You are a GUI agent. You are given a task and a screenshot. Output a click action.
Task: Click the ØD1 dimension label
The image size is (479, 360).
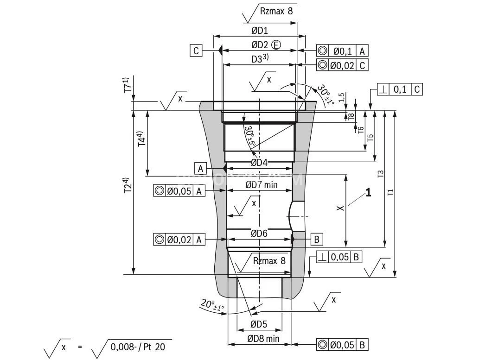click(260, 31)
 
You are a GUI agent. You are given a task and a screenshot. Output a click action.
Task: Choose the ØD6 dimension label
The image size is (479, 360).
click(259, 234)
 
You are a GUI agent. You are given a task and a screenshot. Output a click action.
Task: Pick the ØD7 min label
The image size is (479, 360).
click(261, 185)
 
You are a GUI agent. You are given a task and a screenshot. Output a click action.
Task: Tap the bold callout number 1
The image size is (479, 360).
click(368, 193)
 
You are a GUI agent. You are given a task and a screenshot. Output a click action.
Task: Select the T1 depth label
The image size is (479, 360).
click(390, 191)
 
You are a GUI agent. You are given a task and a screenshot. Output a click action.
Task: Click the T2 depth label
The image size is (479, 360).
click(127, 185)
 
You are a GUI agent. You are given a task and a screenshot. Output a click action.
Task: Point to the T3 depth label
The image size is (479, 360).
click(380, 174)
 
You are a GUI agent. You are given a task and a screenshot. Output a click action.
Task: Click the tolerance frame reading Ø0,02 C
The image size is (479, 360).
click(342, 65)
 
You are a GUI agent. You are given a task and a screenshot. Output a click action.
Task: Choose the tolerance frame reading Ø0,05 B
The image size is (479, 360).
click(342, 345)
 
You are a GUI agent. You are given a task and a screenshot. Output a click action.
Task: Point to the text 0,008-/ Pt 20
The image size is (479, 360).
click(138, 346)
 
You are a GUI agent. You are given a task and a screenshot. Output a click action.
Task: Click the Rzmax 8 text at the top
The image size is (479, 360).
click(276, 11)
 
